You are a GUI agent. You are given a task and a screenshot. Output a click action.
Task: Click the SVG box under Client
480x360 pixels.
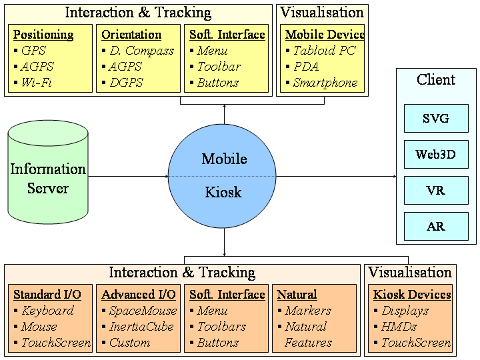pyautogui.click(x=436, y=119)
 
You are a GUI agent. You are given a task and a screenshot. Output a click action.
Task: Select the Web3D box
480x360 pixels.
pyautogui.click(x=436, y=155)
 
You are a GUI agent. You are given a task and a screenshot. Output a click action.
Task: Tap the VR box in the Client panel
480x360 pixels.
pyautogui.click(x=436, y=191)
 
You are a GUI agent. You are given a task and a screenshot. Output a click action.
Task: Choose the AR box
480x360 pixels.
pyautogui.click(x=436, y=227)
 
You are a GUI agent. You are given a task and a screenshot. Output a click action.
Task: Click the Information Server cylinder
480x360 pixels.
pyautogui.click(x=48, y=177)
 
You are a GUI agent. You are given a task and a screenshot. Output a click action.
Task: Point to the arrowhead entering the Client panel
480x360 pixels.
pyautogui.click(x=393, y=177)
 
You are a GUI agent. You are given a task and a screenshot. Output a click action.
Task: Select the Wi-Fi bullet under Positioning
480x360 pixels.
pyautogui.click(x=36, y=83)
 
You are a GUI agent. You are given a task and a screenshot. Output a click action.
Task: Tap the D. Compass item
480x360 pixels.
pyautogui.click(x=141, y=51)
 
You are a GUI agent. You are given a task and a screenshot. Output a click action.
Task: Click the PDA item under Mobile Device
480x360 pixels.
pyautogui.click(x=306, y=67)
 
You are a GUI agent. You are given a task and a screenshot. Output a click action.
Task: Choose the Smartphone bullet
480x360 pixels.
pyautogui.click(x=325, y=83)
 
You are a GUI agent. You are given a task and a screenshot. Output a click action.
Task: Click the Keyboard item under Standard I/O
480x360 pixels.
pyautogui.click(x=47, y=311)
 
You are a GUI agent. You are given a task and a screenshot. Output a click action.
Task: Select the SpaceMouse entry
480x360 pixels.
pyautogui.click(x=143, y=311)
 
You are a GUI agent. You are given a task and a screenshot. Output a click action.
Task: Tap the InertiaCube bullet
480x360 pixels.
pyautogui.click(x=141, y=327)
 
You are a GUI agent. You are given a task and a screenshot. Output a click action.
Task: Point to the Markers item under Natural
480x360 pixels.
pyautogui.click(x=307, y=311)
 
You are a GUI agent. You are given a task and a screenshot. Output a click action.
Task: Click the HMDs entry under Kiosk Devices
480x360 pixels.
pyautogui.click(x=399, y=327)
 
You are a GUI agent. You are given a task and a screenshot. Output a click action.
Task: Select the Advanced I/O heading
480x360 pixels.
pyautogui.click(x=139, y=295)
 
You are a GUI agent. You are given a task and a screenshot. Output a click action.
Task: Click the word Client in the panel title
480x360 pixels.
pyautogui.click(x=436, y=80)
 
